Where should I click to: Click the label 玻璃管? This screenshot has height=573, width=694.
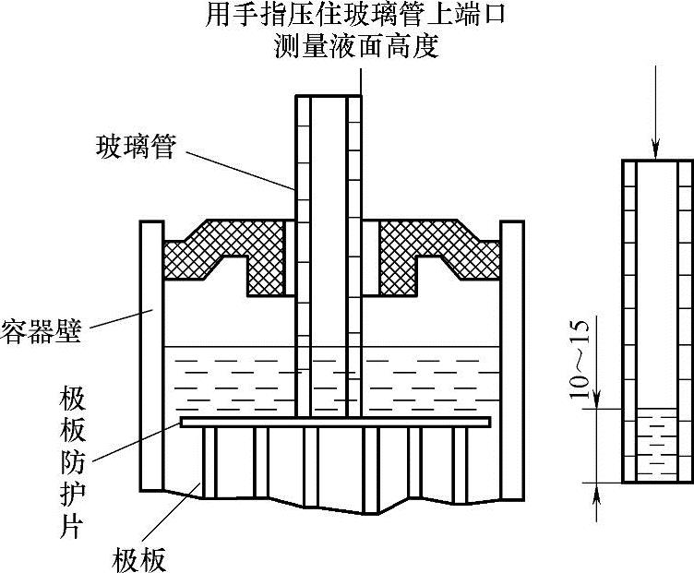[135, 146]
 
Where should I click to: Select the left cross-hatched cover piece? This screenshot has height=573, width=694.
[227, 255]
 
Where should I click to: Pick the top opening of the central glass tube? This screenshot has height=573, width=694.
[329, 97]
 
